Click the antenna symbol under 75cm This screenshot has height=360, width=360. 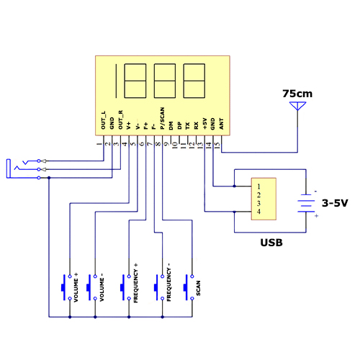click(x=297, y=107)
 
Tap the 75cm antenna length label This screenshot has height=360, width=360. click(x=297, y=94)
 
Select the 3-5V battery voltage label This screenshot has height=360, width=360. click(x=335, y=203)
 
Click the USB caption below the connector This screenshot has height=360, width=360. click(x=271, y=243)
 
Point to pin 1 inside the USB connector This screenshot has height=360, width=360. click(x=258, y=186)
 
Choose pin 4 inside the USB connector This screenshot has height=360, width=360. click(x=258, y=212)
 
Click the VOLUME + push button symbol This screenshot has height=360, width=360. click(x=66, y=287)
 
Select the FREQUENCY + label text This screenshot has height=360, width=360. click(x=135, y=283)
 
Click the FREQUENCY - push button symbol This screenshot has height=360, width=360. click(x=159, y=287)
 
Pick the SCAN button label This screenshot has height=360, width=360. click(x=198, y=288)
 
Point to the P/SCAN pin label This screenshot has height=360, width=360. click(x=162, y=118)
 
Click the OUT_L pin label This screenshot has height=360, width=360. click(x=103, y=120)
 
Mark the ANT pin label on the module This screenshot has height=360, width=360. click(x=221, y=124)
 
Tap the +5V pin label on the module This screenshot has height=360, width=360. click(x=204, y=123)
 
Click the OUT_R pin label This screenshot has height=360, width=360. click(x=120, y=120)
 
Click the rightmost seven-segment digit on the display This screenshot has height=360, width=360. click(x=194, y=81)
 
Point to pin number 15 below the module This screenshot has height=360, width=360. click(x=217, y=145)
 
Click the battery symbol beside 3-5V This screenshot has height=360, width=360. click(x=306, y=203)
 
